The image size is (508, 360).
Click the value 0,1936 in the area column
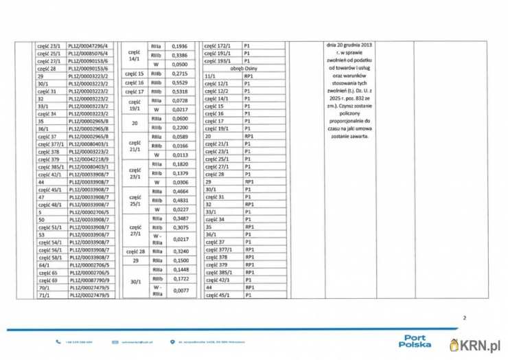pyautogui.click(x=178, y=45)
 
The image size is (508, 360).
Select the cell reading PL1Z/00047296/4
pyautogui.click(x=93, y=45)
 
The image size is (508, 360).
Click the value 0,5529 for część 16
pyautogui.click(x=178, y=82)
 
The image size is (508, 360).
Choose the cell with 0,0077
pyautogui.click(x=178, y=291)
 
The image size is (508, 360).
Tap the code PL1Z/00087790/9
pyautogui.click(x=93, y=281)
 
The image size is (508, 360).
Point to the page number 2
pyautogui.click(x=465, y=318)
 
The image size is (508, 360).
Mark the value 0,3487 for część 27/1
pyautogui.click(x=178, y=218)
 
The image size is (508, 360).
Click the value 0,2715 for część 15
pyautogui.click(x=178, y=73)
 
